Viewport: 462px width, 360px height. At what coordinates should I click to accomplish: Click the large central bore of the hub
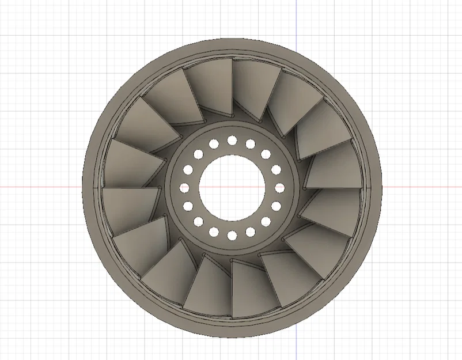pyautogui.click(x=232, y=187)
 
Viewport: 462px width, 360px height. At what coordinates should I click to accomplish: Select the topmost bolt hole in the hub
pyautogui.click(x=232, y=140)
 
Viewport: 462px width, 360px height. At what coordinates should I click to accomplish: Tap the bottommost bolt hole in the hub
pyautogui.click(x=232, y=235)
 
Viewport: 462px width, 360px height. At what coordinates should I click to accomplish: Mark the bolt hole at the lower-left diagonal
pyautogui.click(x=198, y=221)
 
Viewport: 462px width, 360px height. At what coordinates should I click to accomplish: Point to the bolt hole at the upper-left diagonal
pyautogui.click(x=198, y=154)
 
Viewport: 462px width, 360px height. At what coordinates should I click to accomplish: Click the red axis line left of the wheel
pyautogui.click(x=40, y=187)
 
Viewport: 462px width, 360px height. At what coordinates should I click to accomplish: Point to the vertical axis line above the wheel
pyautogui.click(x=296, y=17)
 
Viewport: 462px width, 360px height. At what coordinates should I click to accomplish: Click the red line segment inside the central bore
pyautogui.click(x=232, y=187)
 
